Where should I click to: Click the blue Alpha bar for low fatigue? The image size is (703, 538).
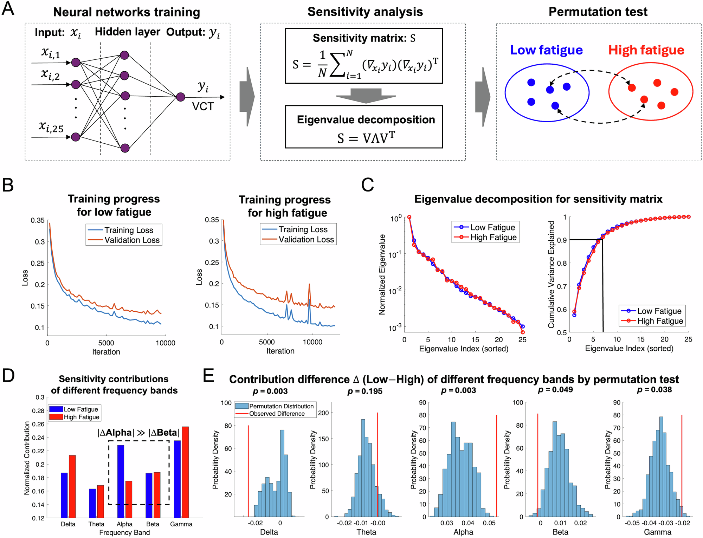click(120, 481)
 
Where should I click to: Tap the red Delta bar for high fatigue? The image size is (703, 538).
click(72, 486)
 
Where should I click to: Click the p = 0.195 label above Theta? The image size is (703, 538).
click(365, 391)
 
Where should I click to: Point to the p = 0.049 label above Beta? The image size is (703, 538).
click(555, 390)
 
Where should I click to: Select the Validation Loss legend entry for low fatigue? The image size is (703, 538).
click(132, 240)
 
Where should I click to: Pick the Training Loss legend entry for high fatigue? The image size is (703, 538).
click(303, 229)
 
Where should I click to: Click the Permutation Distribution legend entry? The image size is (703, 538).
click(281, 406)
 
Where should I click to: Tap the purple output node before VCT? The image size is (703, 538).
click(180, 97)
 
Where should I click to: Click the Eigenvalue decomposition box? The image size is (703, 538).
click(364, 127)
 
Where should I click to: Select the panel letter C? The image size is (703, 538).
click(368, 185)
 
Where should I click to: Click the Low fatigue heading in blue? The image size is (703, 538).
click(546, 50)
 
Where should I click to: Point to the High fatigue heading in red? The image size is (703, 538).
click(646, 50)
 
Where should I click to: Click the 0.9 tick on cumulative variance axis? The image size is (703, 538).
click(562, 240)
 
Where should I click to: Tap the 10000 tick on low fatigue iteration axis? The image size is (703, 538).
click(165, 343)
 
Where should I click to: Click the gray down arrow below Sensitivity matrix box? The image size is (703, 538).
click(366, 95)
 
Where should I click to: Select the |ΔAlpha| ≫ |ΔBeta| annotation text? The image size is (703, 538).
click(138, 433)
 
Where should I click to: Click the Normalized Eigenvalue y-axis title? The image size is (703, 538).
click(382, 274)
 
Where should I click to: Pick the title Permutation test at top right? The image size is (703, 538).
click(598, 12)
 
